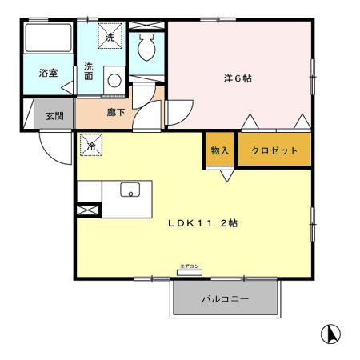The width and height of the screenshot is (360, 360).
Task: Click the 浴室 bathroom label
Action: click(x=48, y=73)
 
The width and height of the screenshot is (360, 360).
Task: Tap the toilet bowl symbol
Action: click(x=146, y=47)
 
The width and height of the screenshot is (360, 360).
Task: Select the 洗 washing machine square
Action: click(x=110, y=36)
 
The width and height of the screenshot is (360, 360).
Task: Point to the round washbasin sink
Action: click(x=114, y=80)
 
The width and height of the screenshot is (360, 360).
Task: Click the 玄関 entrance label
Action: click(x=54, y=116)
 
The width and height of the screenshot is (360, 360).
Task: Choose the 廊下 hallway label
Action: click(x=116, y=112)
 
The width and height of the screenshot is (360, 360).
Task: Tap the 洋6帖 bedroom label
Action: click(x=238, y=78)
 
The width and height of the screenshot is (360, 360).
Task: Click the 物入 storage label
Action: click(x=220, y=150)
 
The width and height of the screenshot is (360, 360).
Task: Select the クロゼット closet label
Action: click(x=274, y=150)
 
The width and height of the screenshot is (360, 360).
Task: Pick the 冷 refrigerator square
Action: click(x=91, y=145)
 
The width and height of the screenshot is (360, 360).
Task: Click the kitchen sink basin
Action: click(x=130, y=190)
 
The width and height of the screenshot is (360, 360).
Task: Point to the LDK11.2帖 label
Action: click(x=203, y=223)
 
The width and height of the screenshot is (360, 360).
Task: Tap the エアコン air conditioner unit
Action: click(x=190, y=272)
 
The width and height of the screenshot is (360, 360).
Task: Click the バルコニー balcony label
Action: click(x=225, y=298)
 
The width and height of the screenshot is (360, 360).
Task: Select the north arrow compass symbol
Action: click(x=330, y=334)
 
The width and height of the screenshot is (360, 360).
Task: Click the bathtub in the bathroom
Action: click(x=48, y=38)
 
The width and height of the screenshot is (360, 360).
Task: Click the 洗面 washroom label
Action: click(x=89, y=71)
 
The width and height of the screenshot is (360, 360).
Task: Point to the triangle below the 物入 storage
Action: click(x=227, y=176)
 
